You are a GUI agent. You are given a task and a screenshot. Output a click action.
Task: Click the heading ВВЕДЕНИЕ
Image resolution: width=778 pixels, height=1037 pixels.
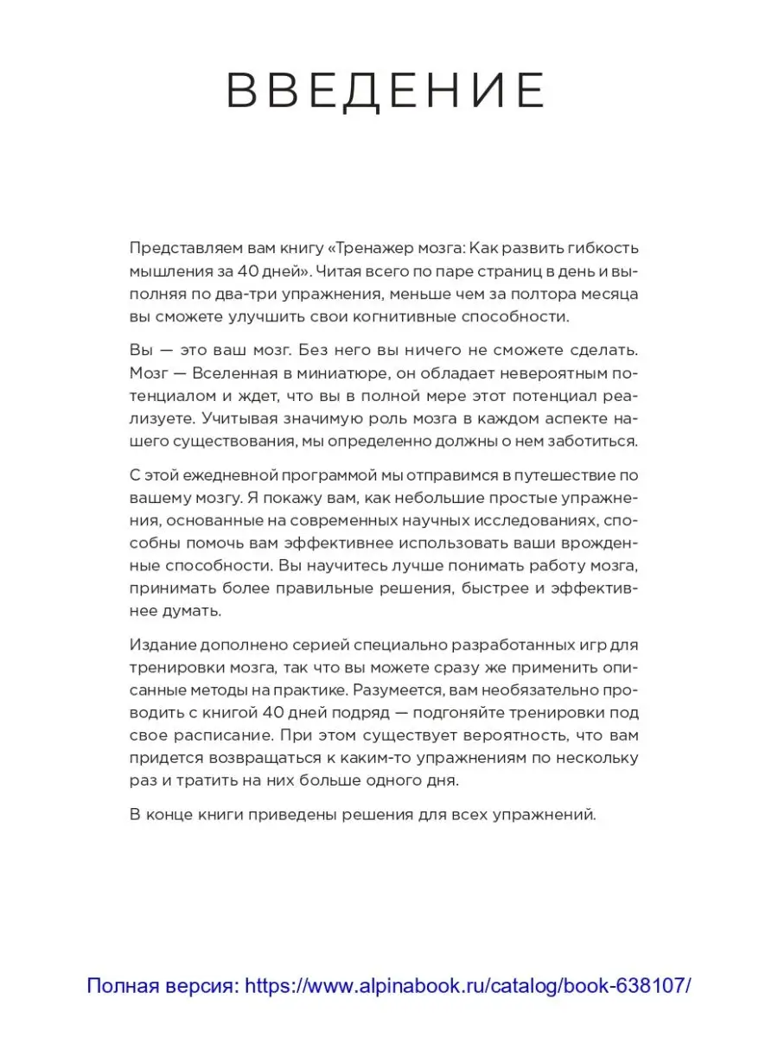[x=386, y=92]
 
